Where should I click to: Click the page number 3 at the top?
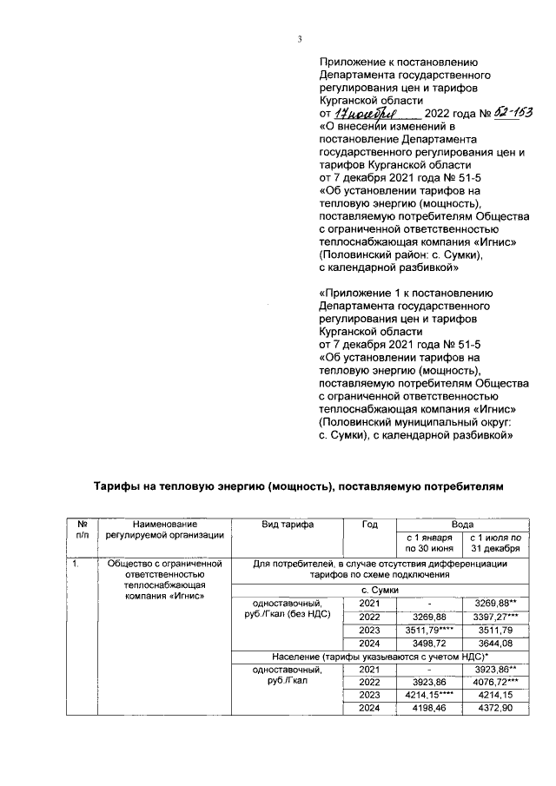coord(298,38)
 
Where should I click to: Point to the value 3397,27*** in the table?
coord(495,617)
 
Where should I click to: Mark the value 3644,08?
coord(495,644)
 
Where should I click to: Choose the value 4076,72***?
coord(495,684)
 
